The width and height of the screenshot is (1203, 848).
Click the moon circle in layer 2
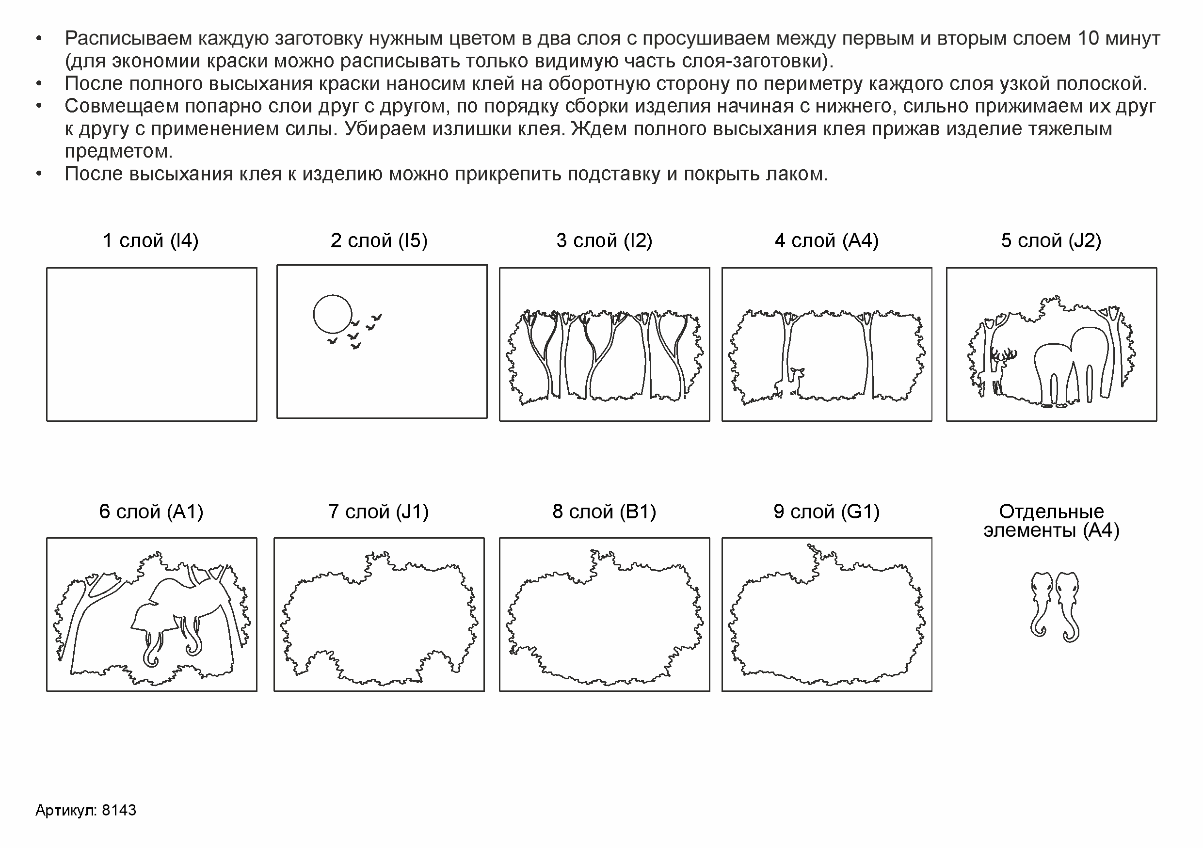pos(314,314)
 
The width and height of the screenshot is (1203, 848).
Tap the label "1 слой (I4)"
pos(151,240)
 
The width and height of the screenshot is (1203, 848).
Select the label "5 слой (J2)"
pos(1051,240)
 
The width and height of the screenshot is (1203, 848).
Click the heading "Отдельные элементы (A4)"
pos(1051,521)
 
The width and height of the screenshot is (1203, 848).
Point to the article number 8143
pos(119,810)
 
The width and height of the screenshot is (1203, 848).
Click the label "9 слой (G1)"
pos(826,511)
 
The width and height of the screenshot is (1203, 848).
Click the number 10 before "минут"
pos(1089,39)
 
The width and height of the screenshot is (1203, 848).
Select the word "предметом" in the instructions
pos(118,151)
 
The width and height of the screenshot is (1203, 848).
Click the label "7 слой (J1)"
pos(378,511)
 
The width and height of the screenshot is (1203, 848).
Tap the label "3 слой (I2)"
pos(604,240)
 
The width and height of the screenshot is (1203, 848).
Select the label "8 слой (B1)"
pos(604,511)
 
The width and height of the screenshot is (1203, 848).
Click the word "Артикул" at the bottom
pos(66,810)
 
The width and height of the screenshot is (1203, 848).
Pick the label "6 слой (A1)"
pos(151,511)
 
